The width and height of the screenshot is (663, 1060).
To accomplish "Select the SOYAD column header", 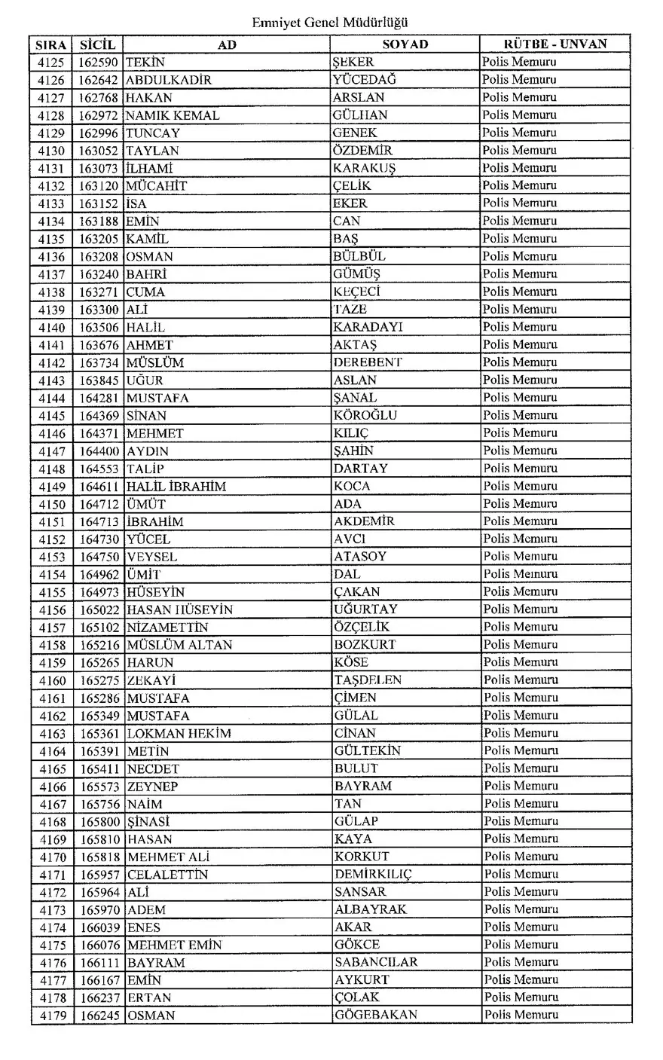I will click(405, 44).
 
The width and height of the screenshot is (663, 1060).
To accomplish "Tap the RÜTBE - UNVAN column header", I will click(555, 44).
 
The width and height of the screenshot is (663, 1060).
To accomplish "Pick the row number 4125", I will click(51, 63).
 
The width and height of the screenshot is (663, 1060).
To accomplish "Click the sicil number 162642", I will click(98, 80).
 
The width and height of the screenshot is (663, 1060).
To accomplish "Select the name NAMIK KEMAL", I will click(173, 115).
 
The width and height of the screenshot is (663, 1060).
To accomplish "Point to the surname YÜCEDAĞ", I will click(365, 80).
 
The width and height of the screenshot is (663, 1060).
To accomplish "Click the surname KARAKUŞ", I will click(365, 168).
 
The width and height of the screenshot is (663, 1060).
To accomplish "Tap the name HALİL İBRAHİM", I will click(176, 486).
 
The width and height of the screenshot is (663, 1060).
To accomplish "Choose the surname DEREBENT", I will click(368, 362).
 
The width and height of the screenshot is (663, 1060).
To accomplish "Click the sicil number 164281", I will click(99, 398).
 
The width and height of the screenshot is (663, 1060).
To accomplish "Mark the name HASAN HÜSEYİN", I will click(180, 609).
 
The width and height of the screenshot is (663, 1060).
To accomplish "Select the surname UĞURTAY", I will click(366, 609).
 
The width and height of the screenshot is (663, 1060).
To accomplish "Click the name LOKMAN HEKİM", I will click(179, 733).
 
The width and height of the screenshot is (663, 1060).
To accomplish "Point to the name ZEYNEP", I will click(152, 786).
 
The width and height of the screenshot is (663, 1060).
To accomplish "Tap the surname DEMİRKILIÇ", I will click(374, 874).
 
